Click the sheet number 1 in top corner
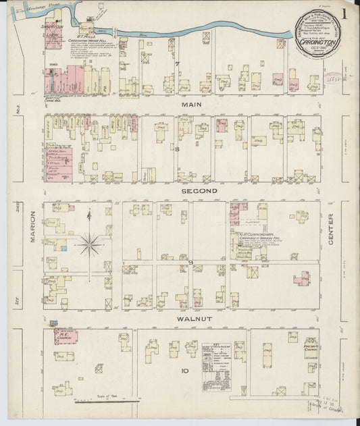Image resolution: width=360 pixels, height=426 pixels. (x=344, y=14)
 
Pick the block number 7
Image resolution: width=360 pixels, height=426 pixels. (x=178, y=64)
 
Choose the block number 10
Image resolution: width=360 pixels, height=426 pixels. (x=185, y=371)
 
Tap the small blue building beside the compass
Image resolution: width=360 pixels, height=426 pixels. (x=64, y=249)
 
